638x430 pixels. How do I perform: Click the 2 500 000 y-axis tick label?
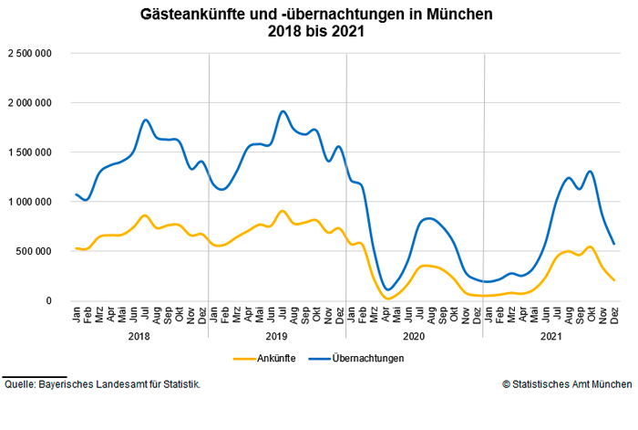pyautogui.click(x=30, y=54)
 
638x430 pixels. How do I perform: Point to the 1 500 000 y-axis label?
pyautogui.click(x=30, y=152)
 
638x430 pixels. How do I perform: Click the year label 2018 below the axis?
pyautogui.click(x=139, y=337)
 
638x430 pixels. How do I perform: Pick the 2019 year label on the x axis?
pyautogui.click(x=277, y=337)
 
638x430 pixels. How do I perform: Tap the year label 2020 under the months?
pyautogui.click(x=415, y=337)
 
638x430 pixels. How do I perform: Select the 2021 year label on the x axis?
pyautogui.click(x=551, y=337)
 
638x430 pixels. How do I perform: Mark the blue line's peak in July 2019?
pyautogui.click(x=283, y=111)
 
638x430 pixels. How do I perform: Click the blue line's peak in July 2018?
pyautogui.click(x=146, y=120)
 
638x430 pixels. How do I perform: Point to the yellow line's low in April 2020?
pyautogui.click(x=389, y=298)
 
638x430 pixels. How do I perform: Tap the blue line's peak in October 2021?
pyautogui.click(x=591, y=172)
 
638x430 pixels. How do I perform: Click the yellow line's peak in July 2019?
pyautogui.click(x=283, y=211)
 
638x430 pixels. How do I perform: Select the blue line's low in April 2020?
pyautogui.click(x=389, y=289)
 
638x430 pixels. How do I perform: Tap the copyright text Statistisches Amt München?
pyautogui.click(x=566, y=384)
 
